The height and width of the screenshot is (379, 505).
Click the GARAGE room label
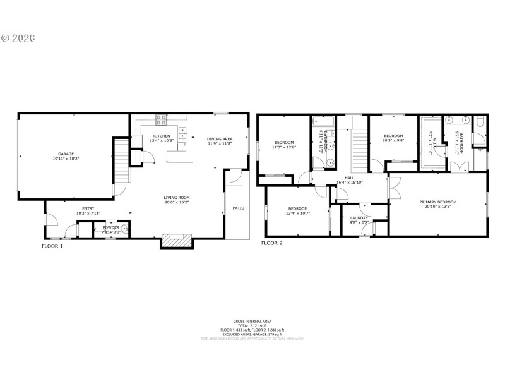click(66, 153)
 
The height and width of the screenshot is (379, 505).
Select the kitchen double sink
click(182, 133)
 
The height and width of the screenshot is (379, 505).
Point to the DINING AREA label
click(220, 138)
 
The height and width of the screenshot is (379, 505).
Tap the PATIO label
click(239, 208)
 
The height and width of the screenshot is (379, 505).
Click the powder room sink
click(124, 229)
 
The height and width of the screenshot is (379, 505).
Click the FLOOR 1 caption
click(52, 246)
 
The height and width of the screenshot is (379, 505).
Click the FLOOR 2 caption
click(272, 243)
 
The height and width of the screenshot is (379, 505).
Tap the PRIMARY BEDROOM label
click(438, 202)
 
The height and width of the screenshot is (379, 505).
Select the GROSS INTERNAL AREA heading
click(252, 321)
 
